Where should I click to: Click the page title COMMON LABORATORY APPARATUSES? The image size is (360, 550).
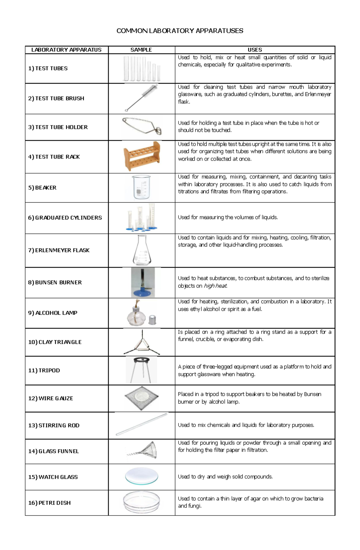tap(180, 31)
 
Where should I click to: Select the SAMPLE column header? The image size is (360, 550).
tap(141, 50)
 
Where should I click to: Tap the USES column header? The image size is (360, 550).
tap(255, 50)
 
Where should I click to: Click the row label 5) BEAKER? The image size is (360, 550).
tap(42, 188)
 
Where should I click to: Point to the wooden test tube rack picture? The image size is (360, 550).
tap(142, 156)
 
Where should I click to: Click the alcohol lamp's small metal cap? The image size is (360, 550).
tap(152, 320)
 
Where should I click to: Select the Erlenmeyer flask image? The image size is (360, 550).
tap(142, 250)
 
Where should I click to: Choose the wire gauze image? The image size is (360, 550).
tap(141, 398)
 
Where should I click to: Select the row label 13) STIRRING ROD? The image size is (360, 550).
tap(54, 425)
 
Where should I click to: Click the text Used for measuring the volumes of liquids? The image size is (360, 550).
tap(228, 217)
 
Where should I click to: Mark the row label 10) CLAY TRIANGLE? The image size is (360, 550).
tap(55, 342)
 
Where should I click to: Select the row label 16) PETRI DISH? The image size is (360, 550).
tap(49, 503)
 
